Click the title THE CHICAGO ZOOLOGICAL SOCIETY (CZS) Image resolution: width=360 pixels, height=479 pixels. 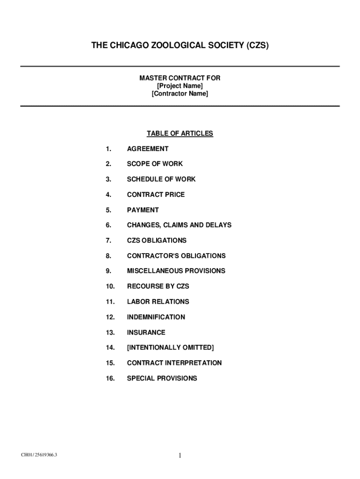coord(180,46)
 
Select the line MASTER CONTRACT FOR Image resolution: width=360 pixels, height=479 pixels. coord(180,78)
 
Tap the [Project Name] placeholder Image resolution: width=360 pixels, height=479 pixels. coord(180,86)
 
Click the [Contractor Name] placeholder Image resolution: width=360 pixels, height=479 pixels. coord(180,94)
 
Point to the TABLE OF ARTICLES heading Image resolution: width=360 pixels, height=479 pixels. coord(180,134)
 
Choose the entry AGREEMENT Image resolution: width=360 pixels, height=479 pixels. coord(148,149)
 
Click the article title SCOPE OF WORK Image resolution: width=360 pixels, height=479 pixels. coord(155,164)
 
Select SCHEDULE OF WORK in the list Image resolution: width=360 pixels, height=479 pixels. coord(161,179)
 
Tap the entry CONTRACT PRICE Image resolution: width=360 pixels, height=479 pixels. coord(156,195)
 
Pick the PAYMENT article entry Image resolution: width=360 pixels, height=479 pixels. coord(143,210)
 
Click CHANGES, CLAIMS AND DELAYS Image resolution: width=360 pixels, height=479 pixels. coord(179,225)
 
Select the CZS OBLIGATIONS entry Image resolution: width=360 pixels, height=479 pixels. coord(157,240)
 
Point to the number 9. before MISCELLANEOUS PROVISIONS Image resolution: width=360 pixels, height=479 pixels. coord(108,271)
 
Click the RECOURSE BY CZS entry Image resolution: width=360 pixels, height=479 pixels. coord(158,286)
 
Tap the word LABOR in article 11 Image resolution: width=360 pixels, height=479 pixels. coord(137,302)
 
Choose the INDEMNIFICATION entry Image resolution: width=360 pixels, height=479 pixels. coord(156,317)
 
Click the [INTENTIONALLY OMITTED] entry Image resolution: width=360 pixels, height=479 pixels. coord(170,348)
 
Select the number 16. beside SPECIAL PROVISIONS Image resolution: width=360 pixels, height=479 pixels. coord(110,378)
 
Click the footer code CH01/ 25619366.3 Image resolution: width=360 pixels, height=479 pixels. coord(39,454)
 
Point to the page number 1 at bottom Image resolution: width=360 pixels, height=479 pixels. coord(180,455)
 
